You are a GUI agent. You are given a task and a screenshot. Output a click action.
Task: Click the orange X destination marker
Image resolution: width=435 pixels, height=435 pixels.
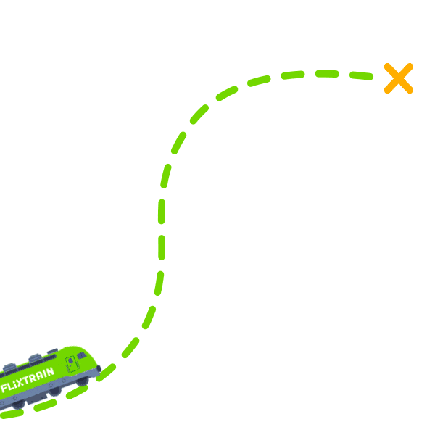(398, 78)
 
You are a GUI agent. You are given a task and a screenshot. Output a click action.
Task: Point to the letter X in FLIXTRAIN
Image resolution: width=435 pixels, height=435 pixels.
(23, 382)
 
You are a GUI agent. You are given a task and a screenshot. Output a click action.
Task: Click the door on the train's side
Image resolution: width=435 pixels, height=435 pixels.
(72, 364)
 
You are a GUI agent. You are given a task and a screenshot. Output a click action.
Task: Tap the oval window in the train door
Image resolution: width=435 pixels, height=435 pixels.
(71, 361)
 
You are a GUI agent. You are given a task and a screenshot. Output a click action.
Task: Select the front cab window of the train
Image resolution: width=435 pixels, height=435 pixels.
(82, 356)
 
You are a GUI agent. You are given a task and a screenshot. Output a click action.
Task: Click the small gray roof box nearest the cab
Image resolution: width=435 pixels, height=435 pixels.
(52, 352)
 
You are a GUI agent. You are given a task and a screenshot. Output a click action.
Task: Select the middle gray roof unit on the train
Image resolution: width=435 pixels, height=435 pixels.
(33, 358)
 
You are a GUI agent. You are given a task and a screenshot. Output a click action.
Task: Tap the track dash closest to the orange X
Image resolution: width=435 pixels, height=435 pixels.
(360, 75)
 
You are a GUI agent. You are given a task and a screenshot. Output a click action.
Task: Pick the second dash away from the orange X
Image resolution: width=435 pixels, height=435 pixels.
(327, 73)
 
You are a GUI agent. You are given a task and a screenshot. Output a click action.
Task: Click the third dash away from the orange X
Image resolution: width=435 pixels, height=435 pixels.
(293, 74)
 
